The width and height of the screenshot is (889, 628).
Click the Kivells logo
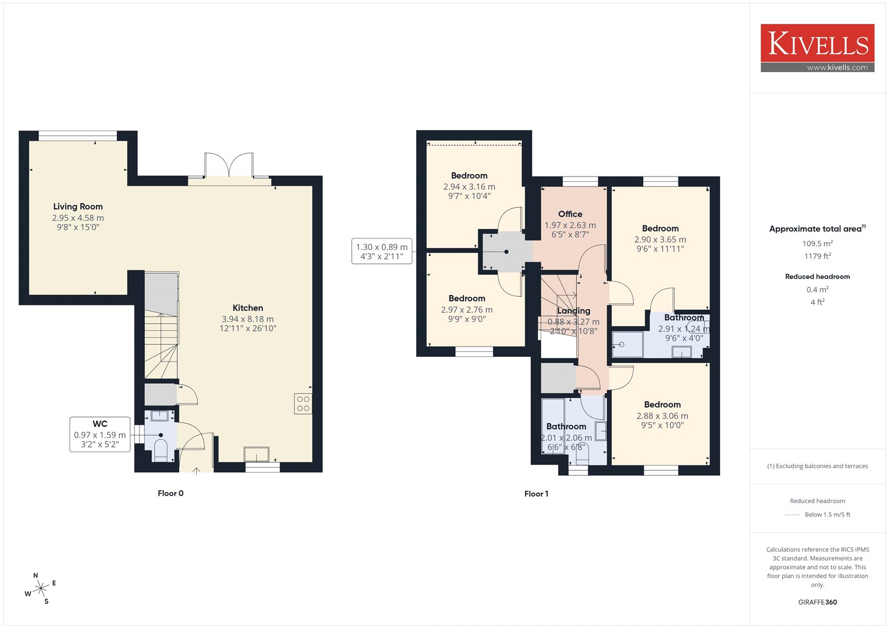pos(817,48)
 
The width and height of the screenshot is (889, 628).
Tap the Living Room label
pos(78,207)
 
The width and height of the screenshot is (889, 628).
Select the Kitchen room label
pos(248,308)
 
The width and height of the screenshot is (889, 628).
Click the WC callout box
pos(100,434)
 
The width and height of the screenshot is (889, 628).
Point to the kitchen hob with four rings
pos(303,404)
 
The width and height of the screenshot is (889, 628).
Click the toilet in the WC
pos(161,450)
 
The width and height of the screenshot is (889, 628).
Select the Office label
pos(570,214)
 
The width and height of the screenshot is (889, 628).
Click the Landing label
pos(573,310)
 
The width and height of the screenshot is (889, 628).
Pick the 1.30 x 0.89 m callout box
pos(382,251)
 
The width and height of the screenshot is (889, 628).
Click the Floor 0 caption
pos(171,493)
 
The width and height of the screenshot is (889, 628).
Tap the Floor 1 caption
pos(536,494)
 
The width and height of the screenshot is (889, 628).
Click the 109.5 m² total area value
pos(817,243)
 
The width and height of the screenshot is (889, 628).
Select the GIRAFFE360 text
pos(817,602)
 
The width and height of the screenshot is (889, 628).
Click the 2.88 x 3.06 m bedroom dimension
pos(662,416)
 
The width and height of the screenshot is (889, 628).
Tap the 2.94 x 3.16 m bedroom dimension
pos(469,187)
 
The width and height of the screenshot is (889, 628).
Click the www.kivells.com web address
pos(837,67)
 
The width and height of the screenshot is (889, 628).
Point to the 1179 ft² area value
pos(817,256)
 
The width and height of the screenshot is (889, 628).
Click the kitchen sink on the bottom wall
pos(256,454)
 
